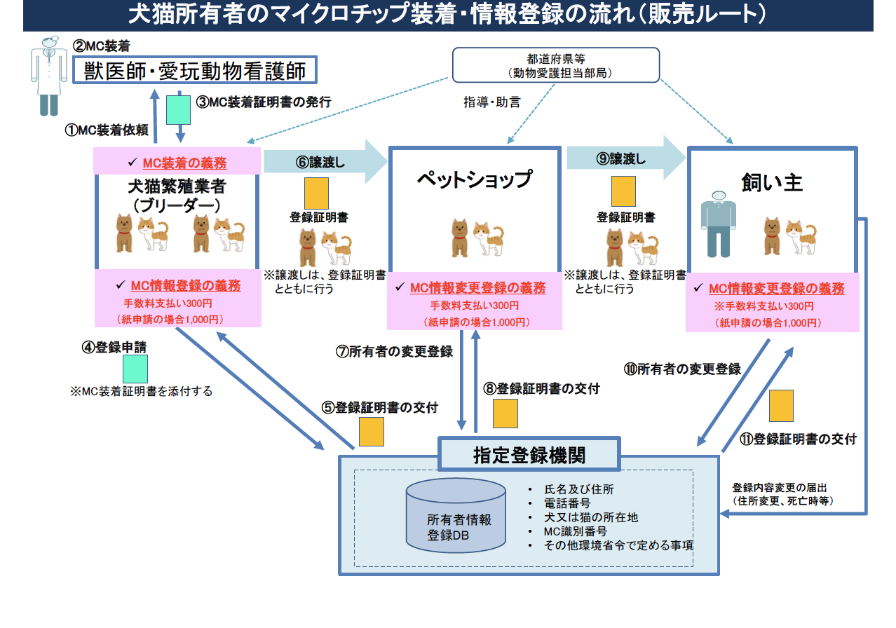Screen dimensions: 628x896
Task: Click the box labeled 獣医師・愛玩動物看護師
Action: pyautogui.click(x=195, y=70)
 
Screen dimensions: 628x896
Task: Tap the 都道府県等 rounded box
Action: pyautogui.click(x=556, y=64)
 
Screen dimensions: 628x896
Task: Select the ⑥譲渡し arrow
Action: pyautogui.click(x=324, y=161)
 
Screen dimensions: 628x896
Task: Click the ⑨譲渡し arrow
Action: pyautogui.click(x=625, y=158)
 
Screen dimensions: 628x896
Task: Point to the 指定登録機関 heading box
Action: pyautogui.click(x=529, y=455)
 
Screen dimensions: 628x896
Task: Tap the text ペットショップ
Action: pyautogui.click(x=474, y=179)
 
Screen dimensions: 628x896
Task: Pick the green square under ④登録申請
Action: pyautogui.click(x=135, y=369)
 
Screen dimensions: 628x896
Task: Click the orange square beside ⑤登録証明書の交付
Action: pyautogui.click(x=371, y=432)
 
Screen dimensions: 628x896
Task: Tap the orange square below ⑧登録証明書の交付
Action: pyautogui.click(x=505, y=414)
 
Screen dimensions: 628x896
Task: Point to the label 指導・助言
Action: pyautogui.click(x=491, y=102)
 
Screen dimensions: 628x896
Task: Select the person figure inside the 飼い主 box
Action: pyautogui.click(x=718, y=224)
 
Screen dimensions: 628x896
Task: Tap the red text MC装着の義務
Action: pyautogui.click(x=184, y=163)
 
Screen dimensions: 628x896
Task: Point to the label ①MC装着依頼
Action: pyautogui.click(x=107, y=130)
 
